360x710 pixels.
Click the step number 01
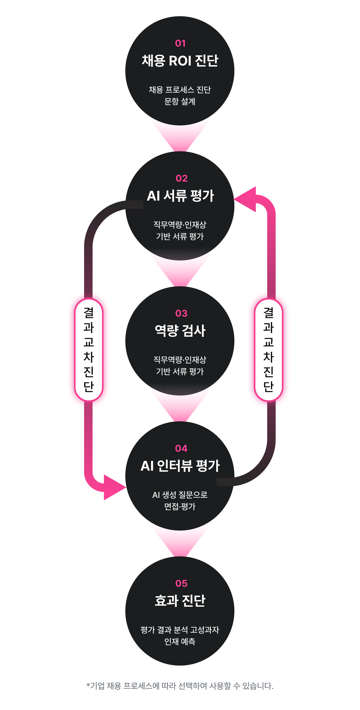click(180, 43)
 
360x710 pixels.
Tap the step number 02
click(181, 178)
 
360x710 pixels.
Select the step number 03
click(181, 313)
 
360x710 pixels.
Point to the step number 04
click(181, 448)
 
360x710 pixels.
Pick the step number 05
click(181, 583)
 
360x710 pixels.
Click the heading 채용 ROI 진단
click(180, 61)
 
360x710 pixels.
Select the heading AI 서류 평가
click(180, 196)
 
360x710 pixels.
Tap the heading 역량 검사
click(180, 331)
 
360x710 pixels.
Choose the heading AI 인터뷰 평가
click(180, 466)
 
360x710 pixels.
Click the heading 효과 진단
click(180, 601)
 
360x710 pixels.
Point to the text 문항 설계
click(180, 101)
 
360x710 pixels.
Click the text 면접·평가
click(180, 507)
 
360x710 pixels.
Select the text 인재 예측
click(180, 642)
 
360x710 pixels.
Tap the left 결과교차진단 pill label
click(89, 349)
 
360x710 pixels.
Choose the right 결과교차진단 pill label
click(269, 349)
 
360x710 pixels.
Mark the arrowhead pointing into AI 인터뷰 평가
click(113, 487)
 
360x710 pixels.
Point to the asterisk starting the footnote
click(88, 685)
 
